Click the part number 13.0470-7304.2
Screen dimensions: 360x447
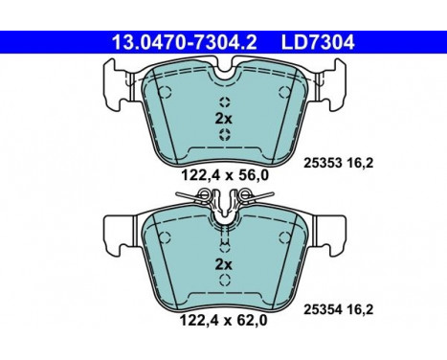173,41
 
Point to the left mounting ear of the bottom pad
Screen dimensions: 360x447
111,230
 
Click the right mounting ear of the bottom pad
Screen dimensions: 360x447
334,230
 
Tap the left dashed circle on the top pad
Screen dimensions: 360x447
163,92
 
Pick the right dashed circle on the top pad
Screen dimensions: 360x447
283,92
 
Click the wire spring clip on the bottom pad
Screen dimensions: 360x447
223,198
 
